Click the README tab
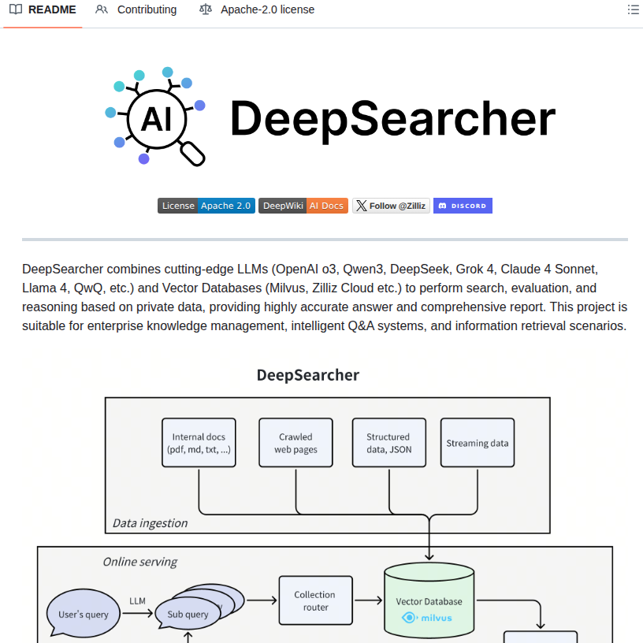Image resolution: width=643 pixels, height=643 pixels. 43,10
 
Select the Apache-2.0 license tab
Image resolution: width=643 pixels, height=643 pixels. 257,10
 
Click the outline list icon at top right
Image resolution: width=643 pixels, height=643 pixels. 633,10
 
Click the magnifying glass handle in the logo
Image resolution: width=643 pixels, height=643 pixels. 192,153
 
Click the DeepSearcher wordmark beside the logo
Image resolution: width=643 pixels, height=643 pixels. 392,119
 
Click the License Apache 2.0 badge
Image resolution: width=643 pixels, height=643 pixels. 206,206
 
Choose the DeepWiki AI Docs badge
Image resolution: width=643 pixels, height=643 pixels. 303,206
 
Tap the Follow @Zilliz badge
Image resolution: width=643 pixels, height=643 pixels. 391,206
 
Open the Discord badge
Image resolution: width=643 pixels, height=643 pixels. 463,206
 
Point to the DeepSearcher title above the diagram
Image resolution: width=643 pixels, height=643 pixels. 307,375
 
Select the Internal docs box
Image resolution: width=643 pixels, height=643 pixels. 199,443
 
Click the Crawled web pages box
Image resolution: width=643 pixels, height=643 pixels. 295,443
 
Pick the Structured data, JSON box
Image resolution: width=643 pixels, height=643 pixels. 388,443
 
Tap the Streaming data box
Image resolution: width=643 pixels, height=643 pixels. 478,443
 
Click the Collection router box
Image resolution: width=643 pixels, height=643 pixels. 314,600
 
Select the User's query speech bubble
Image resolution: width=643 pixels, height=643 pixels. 83,614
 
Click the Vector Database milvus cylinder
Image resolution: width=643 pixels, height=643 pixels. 429,603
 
